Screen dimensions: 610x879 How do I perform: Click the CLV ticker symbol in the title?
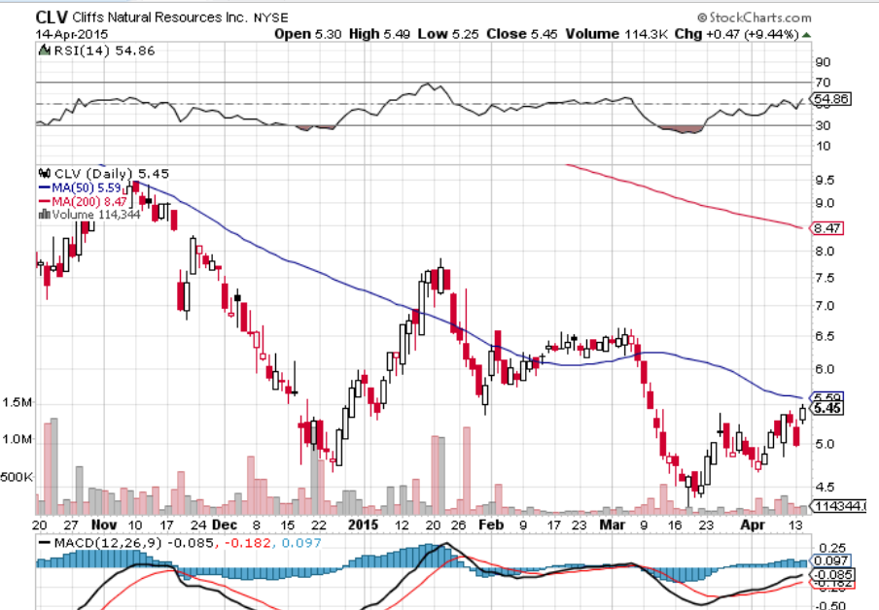[53, 17]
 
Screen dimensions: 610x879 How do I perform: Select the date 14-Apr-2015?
[73, 34]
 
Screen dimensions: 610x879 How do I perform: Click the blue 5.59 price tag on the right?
[828, 397]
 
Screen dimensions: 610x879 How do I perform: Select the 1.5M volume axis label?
[18, 402]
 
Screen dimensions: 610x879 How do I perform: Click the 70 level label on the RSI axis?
[823, 83]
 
